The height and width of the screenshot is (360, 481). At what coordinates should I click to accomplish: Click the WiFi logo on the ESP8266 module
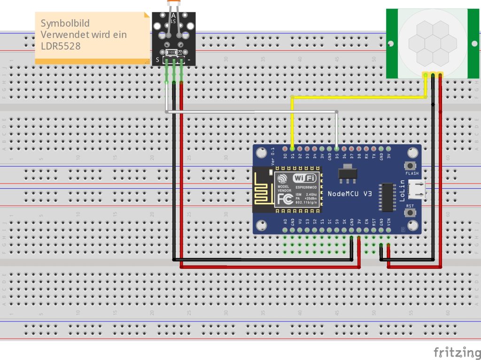[x=304, y=178]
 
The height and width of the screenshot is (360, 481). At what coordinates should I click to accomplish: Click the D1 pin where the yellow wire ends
[x=292, y=148]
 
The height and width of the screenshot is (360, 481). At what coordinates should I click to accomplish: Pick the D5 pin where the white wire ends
[x=337, y=148]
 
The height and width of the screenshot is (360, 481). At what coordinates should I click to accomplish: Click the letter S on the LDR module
[x=157, y=60]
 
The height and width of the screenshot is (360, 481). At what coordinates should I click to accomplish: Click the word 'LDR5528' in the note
[x=61, y=46]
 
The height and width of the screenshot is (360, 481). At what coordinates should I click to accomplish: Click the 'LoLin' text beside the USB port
[x=403, y=192]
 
